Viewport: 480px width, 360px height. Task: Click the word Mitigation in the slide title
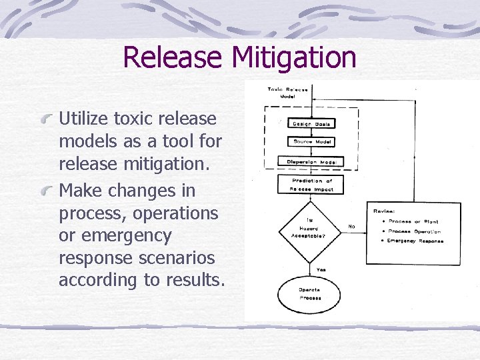click(x=294, y=57)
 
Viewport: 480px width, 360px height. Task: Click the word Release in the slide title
click(x=174, y=57)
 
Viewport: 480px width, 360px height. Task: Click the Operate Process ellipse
click(x=310, y=293)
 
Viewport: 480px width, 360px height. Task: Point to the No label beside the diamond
click(x=351, y=227)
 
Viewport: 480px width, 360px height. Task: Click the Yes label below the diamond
click(x=321, y=269)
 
